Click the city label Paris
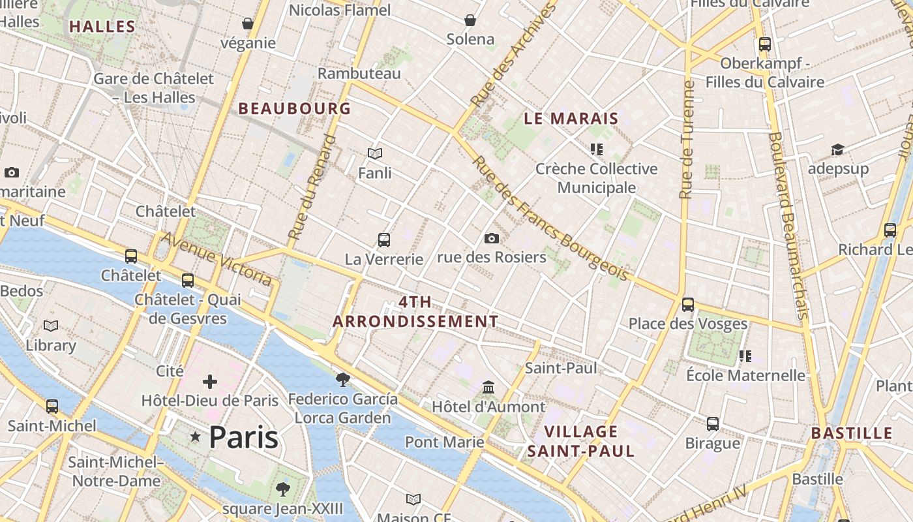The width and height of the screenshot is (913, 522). (243, 437)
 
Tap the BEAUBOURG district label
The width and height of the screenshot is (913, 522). (295, 108)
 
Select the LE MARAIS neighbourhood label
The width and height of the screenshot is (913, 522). (571, 119)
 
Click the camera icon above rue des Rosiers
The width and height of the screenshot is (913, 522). (492, 239)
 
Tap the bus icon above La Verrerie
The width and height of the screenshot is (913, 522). (384, 240)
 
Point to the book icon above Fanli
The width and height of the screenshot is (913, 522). (375, 154)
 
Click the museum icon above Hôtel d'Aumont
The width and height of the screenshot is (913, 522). (488, 388)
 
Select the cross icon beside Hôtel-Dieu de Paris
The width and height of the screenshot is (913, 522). (210, 382)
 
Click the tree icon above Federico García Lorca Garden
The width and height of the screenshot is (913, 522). (342, 379)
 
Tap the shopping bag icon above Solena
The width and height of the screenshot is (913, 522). (470, 20)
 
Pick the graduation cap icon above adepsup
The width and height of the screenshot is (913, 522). (838, 151)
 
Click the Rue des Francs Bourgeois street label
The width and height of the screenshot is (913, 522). (551, 219)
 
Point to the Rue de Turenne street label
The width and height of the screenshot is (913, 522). (686, 140)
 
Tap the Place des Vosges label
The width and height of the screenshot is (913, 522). (688, 324)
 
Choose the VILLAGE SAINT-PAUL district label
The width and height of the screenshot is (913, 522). (581, 441)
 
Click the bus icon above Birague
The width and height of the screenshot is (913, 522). (713, 424)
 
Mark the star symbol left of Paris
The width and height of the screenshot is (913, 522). (195, 437)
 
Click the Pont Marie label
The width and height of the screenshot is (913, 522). (445, 442)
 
